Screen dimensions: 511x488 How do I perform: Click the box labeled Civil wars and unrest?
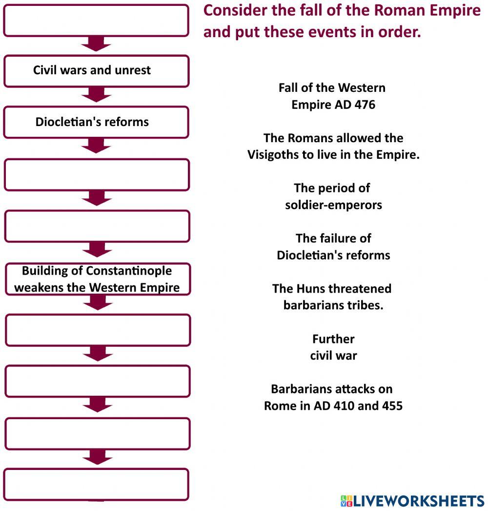(96, 70)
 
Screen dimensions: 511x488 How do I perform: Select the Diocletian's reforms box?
(96, 122)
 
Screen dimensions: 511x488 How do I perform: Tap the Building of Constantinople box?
(97, 279)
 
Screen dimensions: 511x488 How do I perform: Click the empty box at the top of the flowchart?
(96, 20)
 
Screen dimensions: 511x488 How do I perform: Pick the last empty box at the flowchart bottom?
(97, 484)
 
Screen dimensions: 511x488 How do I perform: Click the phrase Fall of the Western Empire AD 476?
(332, 96)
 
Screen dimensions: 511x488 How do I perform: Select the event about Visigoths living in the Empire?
(333, 147)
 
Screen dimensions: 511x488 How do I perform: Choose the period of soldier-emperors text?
(333, 196)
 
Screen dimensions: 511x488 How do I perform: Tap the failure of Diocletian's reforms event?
(333, 247)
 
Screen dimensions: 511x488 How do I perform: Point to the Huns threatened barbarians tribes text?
(332, 297)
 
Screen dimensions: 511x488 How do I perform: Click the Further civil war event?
(333, 347)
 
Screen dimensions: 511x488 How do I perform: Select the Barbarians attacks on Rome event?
(333, 398)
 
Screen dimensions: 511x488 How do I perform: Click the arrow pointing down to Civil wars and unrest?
(96, 44)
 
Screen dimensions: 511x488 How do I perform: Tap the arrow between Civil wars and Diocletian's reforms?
(97, 95)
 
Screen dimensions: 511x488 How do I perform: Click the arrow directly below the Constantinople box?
(98, 303)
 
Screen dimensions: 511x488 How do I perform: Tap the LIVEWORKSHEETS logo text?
(418, 501)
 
